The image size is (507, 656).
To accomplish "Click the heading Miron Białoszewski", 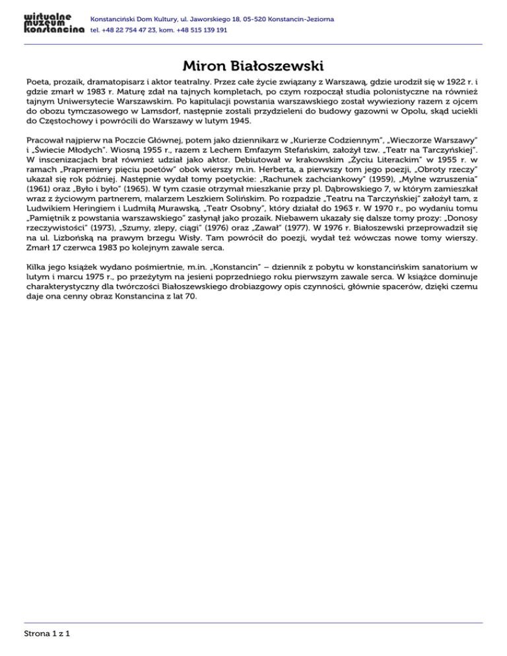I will [253, 66].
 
